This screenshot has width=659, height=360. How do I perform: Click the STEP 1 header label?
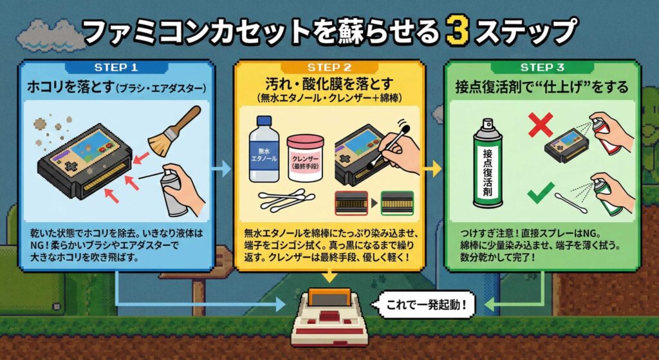click(116, 67)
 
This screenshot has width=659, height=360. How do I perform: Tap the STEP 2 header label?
click(329, 67)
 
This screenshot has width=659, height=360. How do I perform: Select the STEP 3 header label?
click(542, 67)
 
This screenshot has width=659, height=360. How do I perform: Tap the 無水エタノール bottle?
click(264, 149)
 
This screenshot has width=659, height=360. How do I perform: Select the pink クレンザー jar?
click(305, 158)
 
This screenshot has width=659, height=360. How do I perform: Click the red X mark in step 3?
click(540, 124)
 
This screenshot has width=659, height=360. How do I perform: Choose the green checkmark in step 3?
click(541, 193)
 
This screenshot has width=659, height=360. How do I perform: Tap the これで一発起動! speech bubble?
click(425, 303)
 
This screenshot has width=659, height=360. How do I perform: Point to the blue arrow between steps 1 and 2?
click(221, 169)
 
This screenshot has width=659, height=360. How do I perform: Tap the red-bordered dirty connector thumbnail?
click(351, 203)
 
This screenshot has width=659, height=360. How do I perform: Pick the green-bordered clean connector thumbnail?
click(397, 203)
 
